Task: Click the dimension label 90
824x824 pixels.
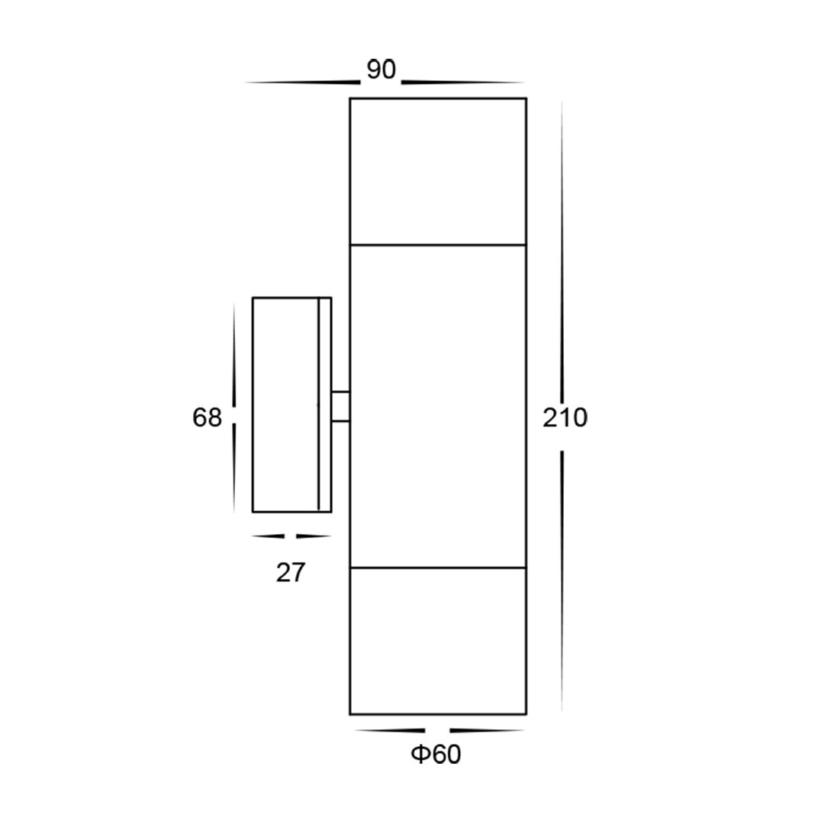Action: (381, 70)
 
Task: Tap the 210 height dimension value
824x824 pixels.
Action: (565, 418)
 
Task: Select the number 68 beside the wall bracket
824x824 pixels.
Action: (207, 418)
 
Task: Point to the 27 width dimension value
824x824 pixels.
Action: (291, 573)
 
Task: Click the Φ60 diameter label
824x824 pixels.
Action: (436, 755)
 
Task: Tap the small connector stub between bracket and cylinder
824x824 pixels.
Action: (340, 406)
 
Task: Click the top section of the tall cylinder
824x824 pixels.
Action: (438, 172)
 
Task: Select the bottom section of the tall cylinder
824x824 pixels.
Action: (438, 641)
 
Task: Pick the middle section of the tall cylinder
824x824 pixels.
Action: (438, 406)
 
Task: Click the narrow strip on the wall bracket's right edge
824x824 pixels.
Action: (325, 404)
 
